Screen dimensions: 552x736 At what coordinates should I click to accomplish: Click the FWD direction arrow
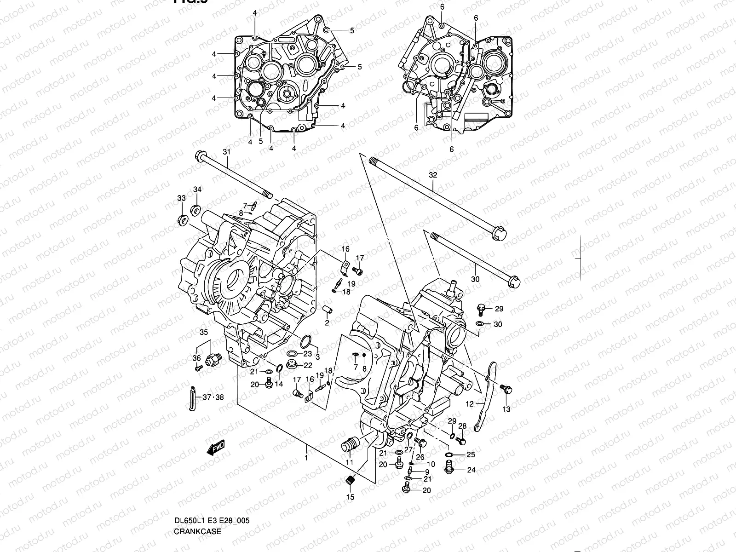215,448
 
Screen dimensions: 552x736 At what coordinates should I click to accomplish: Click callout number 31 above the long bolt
226,152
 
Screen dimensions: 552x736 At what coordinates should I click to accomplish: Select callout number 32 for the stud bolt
433,175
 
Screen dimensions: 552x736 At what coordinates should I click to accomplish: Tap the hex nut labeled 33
182,219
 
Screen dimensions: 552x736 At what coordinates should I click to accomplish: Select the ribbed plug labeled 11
349,446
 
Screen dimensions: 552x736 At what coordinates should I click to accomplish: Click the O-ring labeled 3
306,342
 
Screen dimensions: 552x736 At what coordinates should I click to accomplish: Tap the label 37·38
213,397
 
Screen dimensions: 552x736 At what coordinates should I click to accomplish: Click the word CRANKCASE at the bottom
197,531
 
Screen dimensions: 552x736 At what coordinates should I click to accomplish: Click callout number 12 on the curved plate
469,404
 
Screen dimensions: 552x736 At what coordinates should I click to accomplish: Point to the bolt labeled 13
507,390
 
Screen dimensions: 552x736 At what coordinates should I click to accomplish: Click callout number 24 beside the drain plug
471,470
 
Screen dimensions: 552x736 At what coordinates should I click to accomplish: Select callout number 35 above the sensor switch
203,332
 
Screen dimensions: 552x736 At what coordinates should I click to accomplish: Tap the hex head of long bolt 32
501,235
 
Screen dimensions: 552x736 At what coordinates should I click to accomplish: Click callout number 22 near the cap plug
308,365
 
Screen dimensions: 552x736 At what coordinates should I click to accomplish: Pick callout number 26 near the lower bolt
420,457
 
